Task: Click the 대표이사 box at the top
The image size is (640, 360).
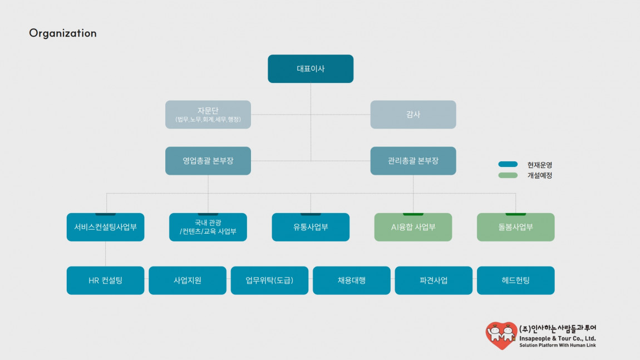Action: (x=311, y=68)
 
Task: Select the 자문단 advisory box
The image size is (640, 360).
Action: (x=208, y=115)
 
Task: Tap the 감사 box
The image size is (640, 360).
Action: (x=413, y=115)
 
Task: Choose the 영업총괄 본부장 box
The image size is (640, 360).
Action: (x=208, y=161)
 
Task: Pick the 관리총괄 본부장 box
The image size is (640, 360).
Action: (x=413, y=161)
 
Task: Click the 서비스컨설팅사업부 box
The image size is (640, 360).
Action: (x=105, y=227)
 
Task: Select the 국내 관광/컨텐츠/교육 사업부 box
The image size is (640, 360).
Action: (x=208, y=227)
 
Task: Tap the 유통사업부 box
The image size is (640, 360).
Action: (x=311, y=227)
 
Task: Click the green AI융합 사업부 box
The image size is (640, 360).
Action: (x=413, y=227)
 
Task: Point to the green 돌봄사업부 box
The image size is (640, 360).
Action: (x=515, y=227)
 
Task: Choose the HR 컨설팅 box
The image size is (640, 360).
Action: (x=105, y=280)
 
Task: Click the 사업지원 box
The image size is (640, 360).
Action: (x=188, y=280)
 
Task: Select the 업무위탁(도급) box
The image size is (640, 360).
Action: (x=269, y=280)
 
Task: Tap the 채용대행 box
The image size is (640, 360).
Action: (x=351, y=280)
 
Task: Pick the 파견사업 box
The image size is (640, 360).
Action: (x=434, y=280)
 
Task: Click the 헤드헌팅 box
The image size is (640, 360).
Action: (x=515, y=280)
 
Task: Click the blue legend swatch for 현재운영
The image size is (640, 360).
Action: (x=508, y=164)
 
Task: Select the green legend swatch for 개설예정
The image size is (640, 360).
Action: (x=508, y=175)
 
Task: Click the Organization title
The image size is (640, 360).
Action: (x=63, y=33)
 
